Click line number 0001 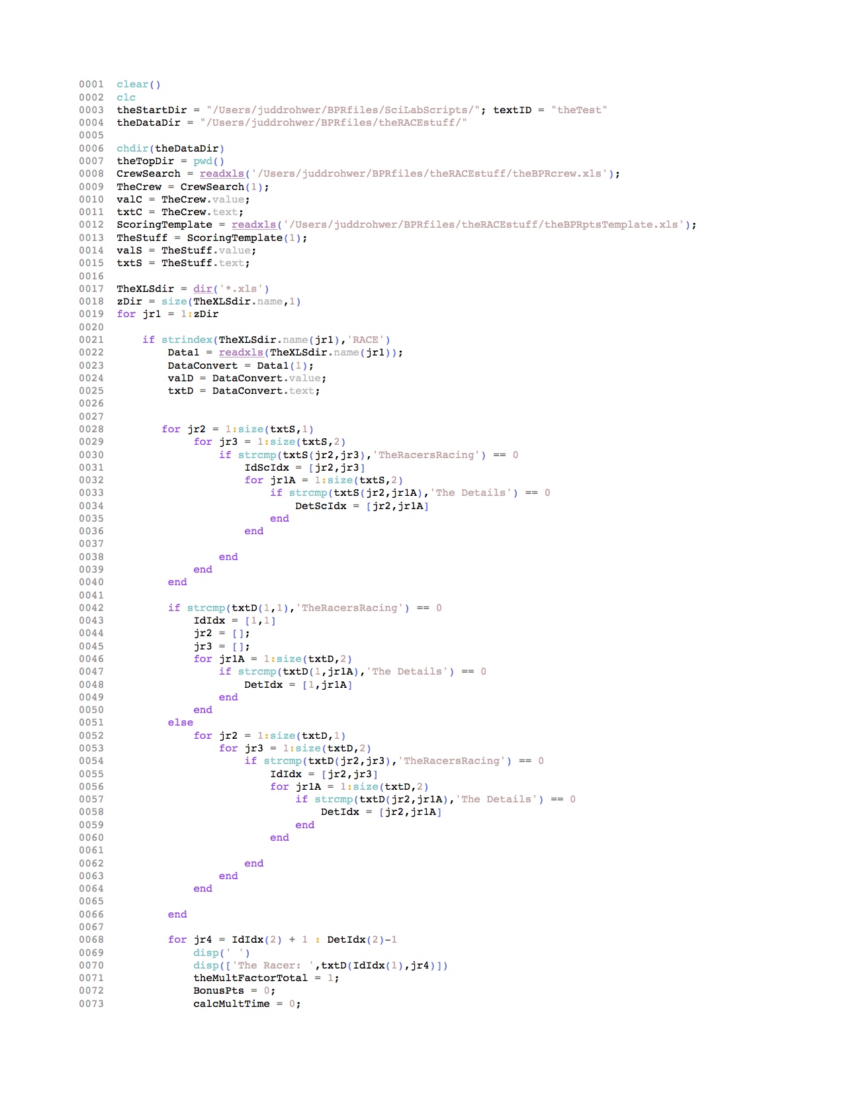(x=91, y=84)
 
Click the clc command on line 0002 (x=126, y=97)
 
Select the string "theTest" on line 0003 (x=579, y=110)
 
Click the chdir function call (x=132, y=148)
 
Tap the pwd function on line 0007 (x=202, y=161)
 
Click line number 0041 (x=91, y=595)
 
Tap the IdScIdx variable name (x=267, y=467)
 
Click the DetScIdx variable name (x=320, y=506)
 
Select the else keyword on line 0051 (x=181, y=722)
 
